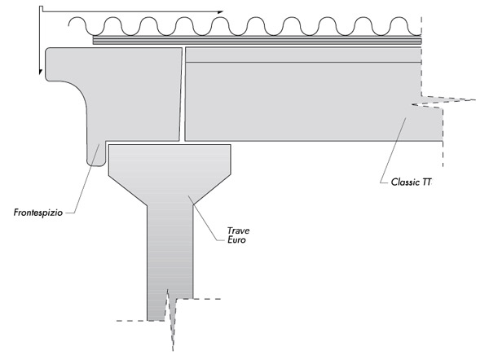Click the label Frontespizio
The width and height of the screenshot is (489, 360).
38,213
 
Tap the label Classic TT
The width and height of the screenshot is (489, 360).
411,182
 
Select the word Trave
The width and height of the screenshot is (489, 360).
238,230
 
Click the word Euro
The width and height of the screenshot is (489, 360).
236,239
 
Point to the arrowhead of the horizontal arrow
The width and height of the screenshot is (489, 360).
220,12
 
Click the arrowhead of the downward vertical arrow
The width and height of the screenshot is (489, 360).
41,72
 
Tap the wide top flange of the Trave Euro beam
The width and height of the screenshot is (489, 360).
170,160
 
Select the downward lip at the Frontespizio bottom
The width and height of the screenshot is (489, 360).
96,154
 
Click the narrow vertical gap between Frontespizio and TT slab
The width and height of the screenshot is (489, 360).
183,94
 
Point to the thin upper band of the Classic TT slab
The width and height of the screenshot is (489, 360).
303,55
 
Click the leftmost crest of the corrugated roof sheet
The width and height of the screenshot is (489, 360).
77,19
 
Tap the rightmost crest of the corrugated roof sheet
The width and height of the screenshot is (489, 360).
399,19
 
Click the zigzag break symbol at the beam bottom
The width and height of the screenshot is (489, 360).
170,318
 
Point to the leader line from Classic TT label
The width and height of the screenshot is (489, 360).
394,149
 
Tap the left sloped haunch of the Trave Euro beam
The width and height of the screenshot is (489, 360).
128,190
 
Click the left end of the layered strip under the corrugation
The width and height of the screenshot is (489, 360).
94,40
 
